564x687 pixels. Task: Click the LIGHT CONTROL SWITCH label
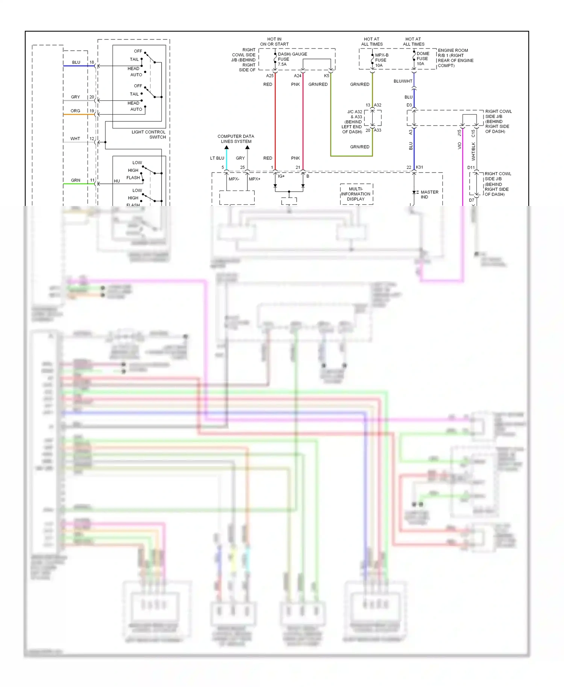pyautogui.click(x=149, y=135)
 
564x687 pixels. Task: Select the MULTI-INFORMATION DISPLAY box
pyautogui.click(x=356, y=194)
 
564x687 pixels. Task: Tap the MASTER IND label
pyautogui.click(x=429, y=194)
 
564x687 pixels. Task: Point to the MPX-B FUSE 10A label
pyautogui.click(x=381, y=60)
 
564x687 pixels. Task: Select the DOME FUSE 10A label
pyautogui.click(x=422, y=59)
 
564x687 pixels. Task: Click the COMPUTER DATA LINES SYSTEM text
pyautogui.click(x=236, y=139)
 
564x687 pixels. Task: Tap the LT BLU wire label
pyautogui.click(x=217, y=158)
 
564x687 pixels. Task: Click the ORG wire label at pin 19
pyautogui.click(x=75, y=111)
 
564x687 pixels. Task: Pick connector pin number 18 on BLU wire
pyautogui.click(x=92, y=62)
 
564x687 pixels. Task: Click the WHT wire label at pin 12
pyautogui.click(x=75, y=139)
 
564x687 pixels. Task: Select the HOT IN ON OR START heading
pyautogui.click(x=274, y=41)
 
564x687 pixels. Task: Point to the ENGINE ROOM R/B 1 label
pyautogui.click(x=455, y=58)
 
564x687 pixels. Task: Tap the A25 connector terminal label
pyautogui.click(x=270, y=76)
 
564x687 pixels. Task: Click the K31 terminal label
pyautogui.click(x=419, y=167)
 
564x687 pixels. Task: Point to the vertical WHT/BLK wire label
pyautogui.click(x=473, y=151)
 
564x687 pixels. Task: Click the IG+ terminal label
pyautogui.click(x=281, y=176)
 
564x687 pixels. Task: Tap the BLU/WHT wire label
pyautogui.click(x=403, y=81)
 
